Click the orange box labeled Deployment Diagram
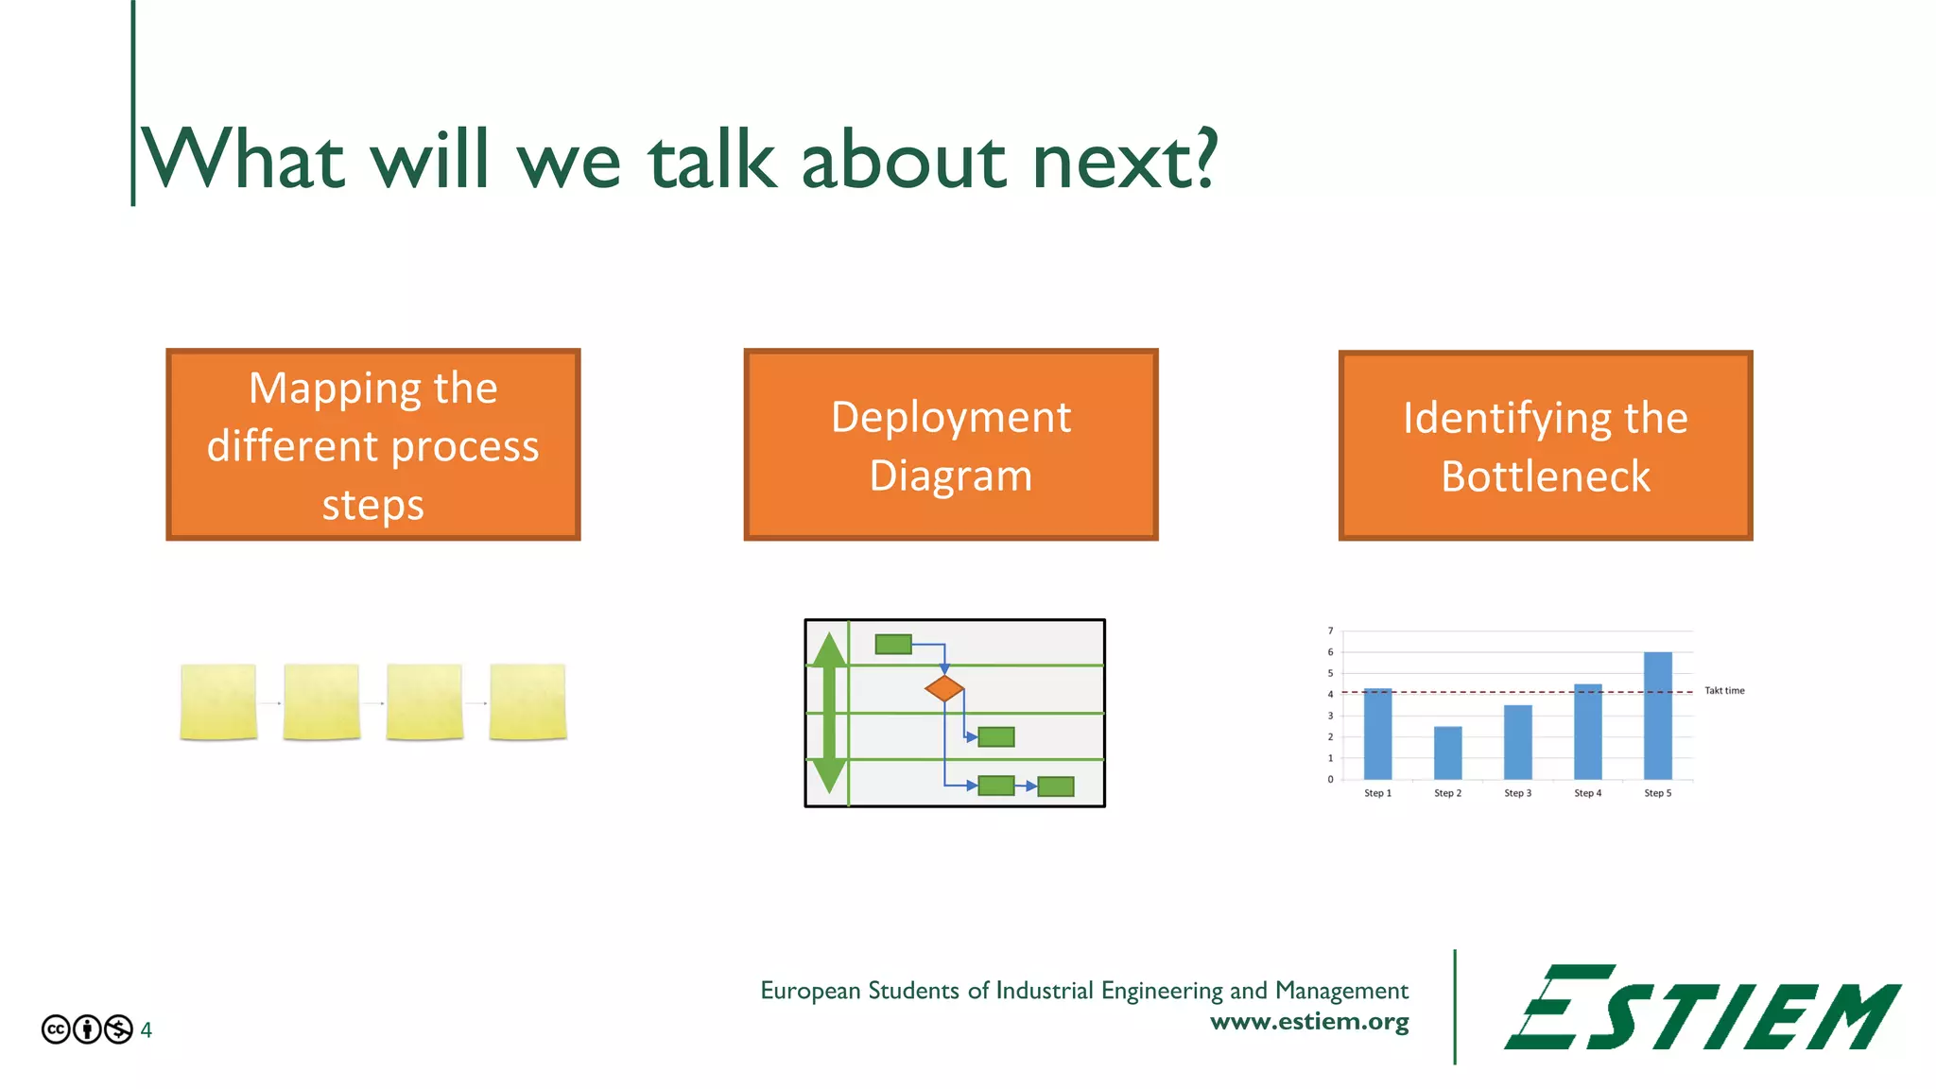pos(950,444)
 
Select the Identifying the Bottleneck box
pos(1545,445)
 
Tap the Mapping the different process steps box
pos(372,444)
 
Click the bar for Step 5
pos(1657,716)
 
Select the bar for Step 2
pos(1447,752)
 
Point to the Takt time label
pos(1724,691)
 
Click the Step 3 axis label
pos(1517,793)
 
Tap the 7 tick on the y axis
pos(1330,631)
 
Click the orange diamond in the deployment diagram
pos(944,688)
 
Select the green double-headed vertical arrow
pos(829,713)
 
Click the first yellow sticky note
pos(218,701)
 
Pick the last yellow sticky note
pos(527,701)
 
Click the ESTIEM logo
pos(1702,1008)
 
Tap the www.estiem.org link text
pos(1309,1022)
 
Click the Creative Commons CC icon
pos(56,1029)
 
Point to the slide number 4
pos(147,1029)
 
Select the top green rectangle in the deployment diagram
pos(893,645)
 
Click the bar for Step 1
pos(1377,734)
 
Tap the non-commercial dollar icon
pos(118,1029)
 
